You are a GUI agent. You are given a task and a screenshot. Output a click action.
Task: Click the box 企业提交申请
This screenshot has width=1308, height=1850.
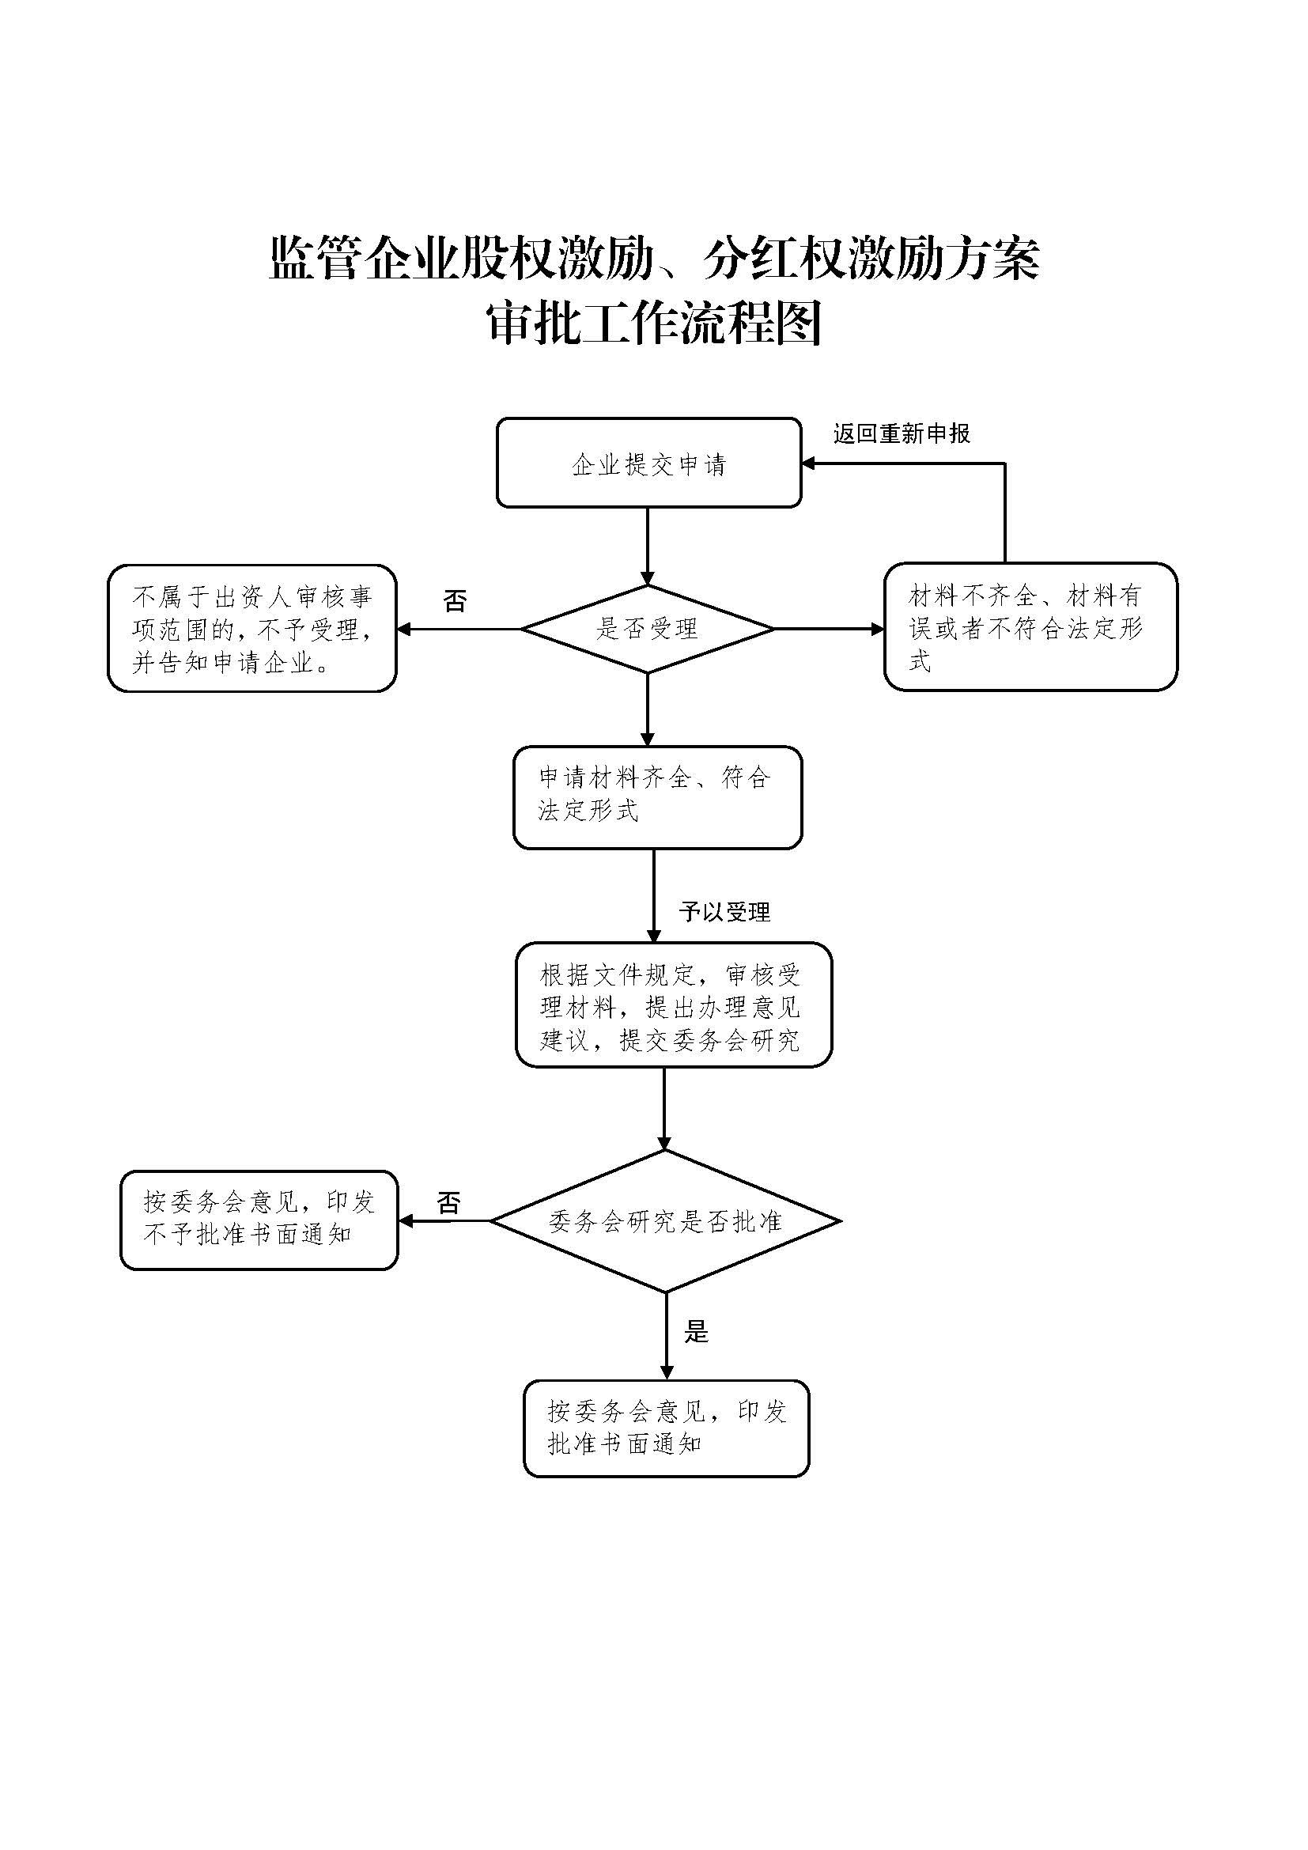tap(648, 463)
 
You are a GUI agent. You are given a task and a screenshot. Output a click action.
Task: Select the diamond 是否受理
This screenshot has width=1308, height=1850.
tap(648, 629)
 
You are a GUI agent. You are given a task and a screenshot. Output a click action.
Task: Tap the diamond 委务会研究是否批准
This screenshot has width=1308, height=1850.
tap(665, 1221)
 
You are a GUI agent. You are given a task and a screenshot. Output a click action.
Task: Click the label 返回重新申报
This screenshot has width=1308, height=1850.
tap(902, 433)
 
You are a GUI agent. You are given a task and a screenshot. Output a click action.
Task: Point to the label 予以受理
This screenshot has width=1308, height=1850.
tap(724, 911)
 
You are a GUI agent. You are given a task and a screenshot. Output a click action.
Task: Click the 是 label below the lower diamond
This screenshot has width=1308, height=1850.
tap(696, 1332)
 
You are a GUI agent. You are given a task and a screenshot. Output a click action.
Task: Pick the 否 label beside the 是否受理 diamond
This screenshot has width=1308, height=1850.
tap(455, 600)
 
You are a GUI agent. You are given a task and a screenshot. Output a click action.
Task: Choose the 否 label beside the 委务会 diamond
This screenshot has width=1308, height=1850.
tap(448, 1203)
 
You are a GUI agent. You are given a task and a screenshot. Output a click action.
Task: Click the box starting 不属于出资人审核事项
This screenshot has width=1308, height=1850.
tap(252, 629)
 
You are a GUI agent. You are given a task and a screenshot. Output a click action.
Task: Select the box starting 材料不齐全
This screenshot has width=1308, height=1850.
tap(1030, 627)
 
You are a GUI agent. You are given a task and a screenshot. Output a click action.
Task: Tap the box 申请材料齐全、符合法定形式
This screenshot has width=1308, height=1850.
tap(657, 797)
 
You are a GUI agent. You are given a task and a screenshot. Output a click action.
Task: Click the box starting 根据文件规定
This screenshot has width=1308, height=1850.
tap(673, 1004)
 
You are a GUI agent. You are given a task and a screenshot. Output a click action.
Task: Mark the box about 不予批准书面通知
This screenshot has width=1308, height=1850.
tap(259, 1220)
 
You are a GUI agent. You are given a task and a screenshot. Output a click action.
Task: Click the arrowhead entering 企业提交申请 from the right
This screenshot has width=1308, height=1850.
tap(809, 463)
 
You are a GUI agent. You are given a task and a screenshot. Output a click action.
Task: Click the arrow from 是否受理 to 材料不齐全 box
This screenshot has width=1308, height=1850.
tap(830, 629)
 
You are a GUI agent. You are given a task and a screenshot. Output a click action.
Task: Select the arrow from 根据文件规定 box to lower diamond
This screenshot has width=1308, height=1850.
tap(664, 1108)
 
